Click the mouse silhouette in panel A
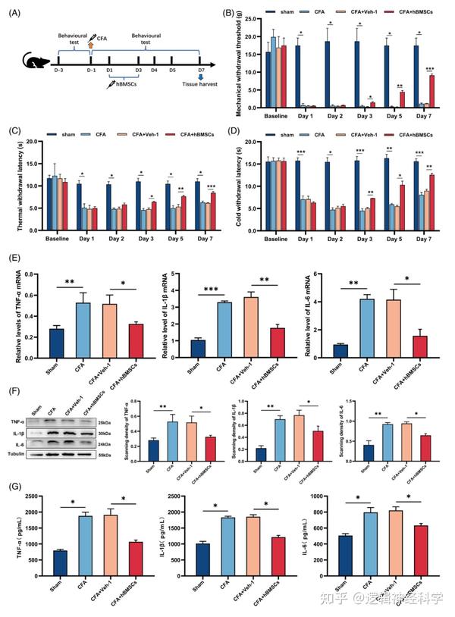(x=35, y=64)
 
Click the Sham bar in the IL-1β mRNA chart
(x=198, y=352)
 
